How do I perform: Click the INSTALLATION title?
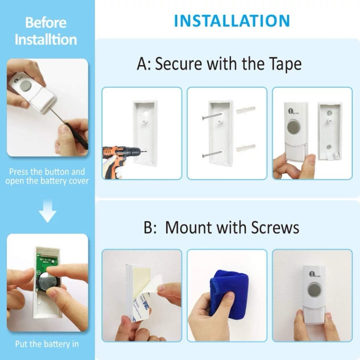[x=232, y=21]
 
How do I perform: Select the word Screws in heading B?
[x=275, y=228]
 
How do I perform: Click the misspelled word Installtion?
[x=46, y=39]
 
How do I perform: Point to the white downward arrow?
[x=48, y=211]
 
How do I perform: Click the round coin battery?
[x=48, y=282]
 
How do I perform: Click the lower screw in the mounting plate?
[x=212, y=154]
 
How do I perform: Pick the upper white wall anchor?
[x=246, y=109]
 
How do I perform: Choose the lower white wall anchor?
[x=246, y=147]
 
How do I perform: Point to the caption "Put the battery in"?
[x=47, y=344]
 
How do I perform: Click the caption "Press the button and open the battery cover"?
[x=47, y=176]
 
